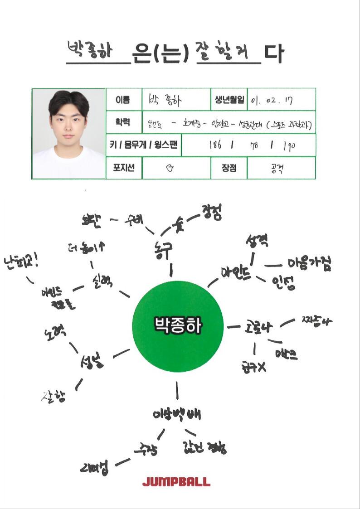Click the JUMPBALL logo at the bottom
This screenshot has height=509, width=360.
tap(176, 481)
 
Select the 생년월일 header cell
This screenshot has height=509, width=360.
tap(229, 100)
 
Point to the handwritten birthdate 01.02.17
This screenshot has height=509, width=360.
tap(272, 100)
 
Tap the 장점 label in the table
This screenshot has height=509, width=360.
tap(229, 167)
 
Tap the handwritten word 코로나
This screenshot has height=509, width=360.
tap(258, 326)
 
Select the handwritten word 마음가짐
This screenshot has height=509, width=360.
tap(310, 264)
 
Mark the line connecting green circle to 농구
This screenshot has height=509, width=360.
tap(171, 270)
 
